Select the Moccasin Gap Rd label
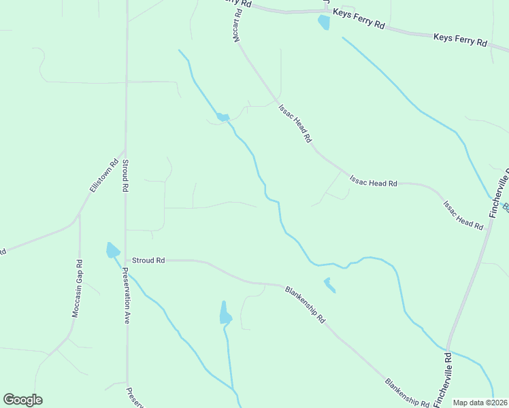click(x=77, y=289)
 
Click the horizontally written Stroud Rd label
click(x=148, y=260)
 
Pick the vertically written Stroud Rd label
click(x=126, y=175)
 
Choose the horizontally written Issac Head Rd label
click(x=373, y=182)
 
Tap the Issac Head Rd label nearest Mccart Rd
click(x=295, y=122)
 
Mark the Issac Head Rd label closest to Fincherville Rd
click(x=463, y=214)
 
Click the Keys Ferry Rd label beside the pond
click(x=358, y=18)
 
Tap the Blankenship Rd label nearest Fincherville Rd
click(x=407, y=394)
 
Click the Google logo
click(x=22, y=400)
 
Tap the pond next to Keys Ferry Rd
click(x=324, y=22)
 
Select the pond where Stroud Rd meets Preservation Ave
click(x=112, y=250)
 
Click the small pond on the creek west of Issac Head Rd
click(x=223, y=117)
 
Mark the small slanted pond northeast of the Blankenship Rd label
click(x=329, y=285)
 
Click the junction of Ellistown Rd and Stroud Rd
click(x=125, y=150)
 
